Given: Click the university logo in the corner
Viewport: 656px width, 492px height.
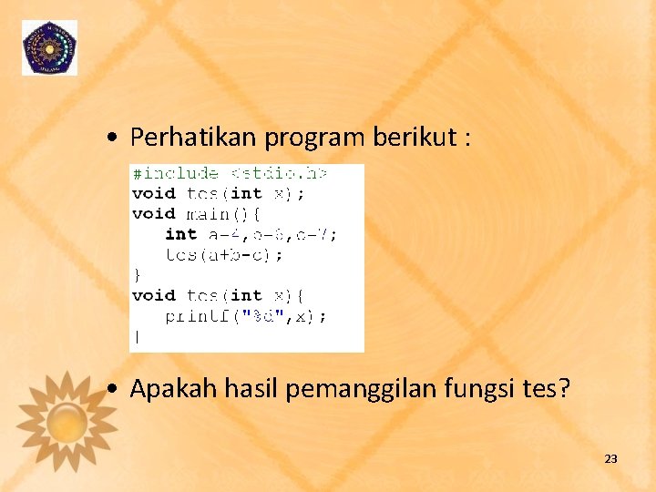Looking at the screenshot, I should (x=50, y=47).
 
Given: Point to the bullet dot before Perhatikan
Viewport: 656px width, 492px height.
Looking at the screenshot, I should (x=110, y=138).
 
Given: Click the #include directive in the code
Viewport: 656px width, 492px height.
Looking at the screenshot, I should (x=176, y=173).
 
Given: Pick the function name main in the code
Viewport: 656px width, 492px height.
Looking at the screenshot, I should (x=205, y=214).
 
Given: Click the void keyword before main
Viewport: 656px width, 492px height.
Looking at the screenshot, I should (x=153, y=214).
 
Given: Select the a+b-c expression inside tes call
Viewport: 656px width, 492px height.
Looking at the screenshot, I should (x=235, y=255).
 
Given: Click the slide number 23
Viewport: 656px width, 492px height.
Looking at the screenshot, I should (x=610, y=459).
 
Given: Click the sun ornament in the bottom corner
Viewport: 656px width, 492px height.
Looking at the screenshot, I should (x=66, y=421).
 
